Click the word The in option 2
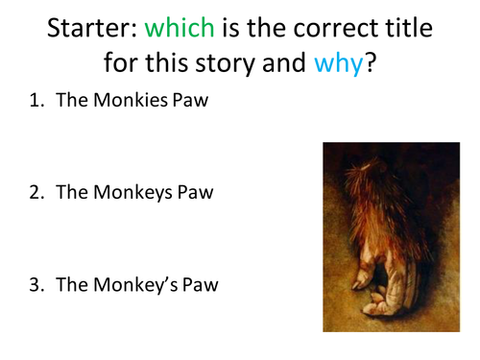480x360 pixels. point(72,192)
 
